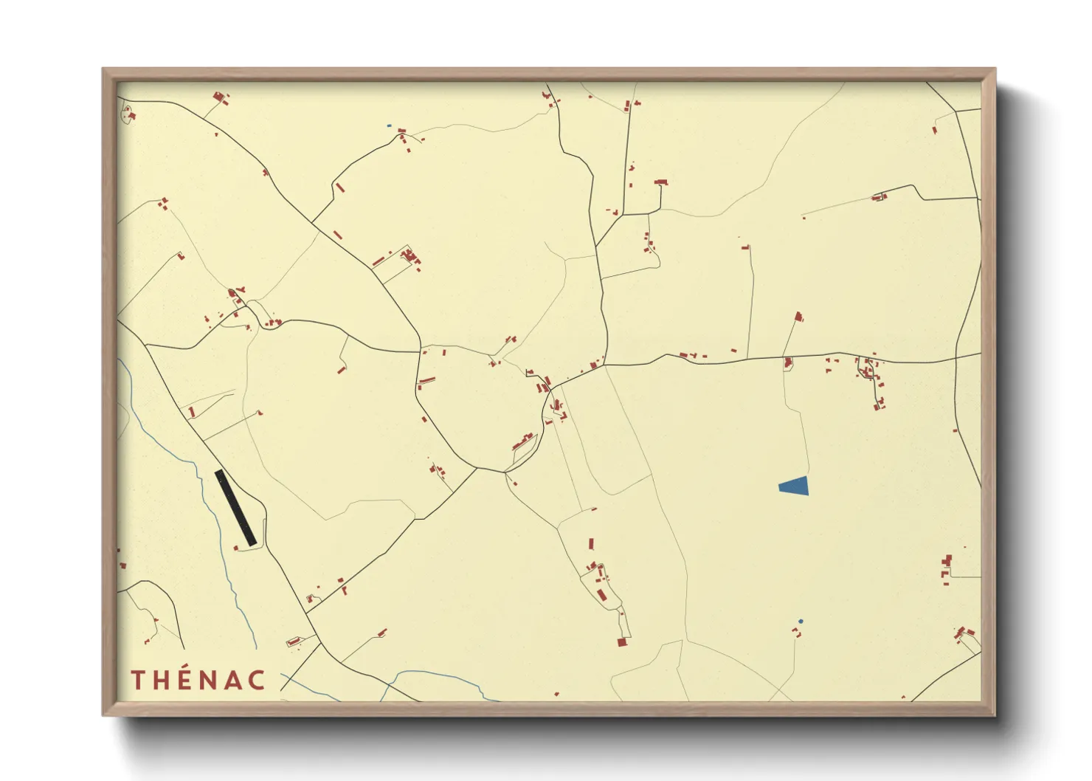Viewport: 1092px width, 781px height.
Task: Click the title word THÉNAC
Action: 198,680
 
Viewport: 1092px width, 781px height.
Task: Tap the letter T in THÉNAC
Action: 137,680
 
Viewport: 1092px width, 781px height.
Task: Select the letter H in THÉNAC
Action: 161,680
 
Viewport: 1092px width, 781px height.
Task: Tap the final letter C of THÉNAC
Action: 256,680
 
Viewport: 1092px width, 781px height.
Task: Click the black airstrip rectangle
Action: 235,508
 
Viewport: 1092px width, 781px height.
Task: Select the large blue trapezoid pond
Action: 795,486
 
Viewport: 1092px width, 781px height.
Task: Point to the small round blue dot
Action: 801,622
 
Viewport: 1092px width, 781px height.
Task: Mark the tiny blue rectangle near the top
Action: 389,126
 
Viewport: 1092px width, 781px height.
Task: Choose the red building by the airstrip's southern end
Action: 236,548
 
